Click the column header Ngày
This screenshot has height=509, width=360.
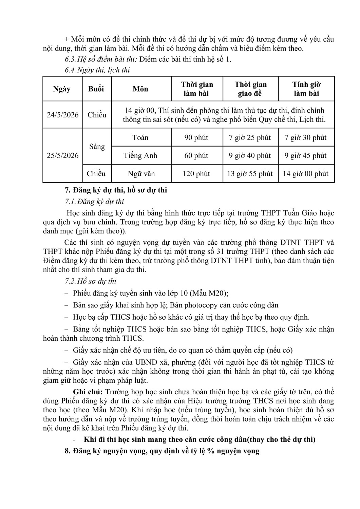(62, 89)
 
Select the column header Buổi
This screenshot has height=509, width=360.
(96, 89)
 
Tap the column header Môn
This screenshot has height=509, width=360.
(140, 89)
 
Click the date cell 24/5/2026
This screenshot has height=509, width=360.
(63, 115)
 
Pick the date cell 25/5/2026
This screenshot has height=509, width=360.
(63, 155)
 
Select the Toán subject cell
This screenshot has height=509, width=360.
(140, 137)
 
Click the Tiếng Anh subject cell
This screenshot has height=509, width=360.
(140, 155)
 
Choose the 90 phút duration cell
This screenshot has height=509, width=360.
(196, 137)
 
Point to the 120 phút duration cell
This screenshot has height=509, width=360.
(196, 174)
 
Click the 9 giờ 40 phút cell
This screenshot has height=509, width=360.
(250, 155)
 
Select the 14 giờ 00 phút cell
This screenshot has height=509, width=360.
(306, 174)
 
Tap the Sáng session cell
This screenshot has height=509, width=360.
(97, 147)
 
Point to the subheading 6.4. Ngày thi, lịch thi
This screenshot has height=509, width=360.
(97, 70)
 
